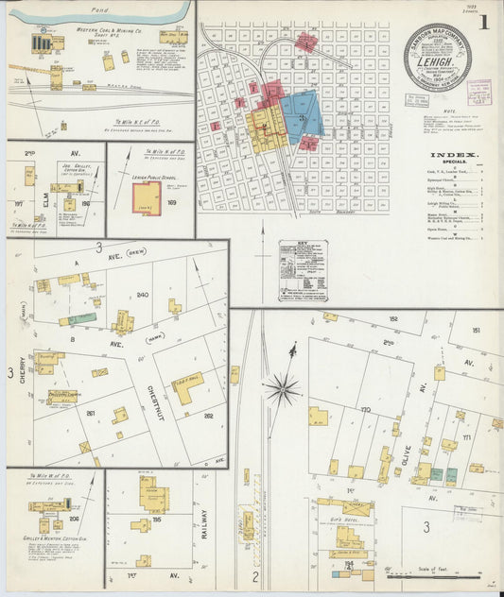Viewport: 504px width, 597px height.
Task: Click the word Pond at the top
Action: tap(92, 7)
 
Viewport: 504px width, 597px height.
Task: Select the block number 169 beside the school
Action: tap(171, 202)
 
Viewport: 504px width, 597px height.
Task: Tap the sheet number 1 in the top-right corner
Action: tap(483, 22)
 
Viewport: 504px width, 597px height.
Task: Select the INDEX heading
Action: tap(453, 155)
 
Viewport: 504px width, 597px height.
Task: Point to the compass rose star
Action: tap(282, 387)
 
